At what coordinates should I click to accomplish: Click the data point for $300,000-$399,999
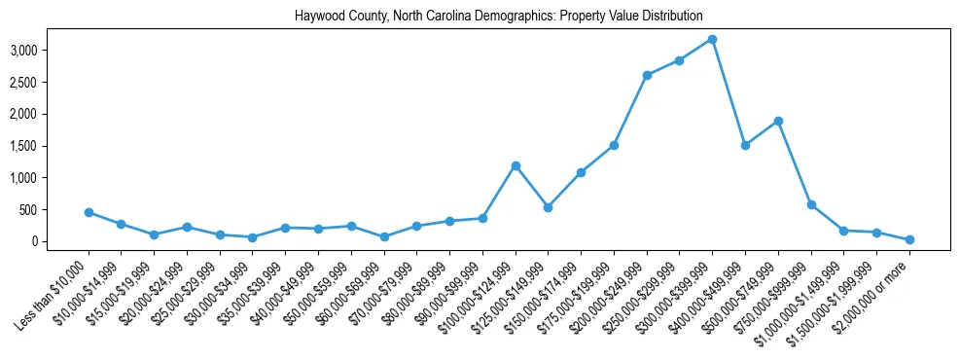tap(712, 39)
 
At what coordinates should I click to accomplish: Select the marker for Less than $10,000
tap(89, 212)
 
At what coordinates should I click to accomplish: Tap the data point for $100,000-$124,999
tap(516, 165)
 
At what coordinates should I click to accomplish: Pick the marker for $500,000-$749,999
tap(778, 121)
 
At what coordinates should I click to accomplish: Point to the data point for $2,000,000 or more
tap(909, 239)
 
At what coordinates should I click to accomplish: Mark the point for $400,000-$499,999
tap(745, 145)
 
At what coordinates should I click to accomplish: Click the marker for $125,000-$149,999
tap(549, 207)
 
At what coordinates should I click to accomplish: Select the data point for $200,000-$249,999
tap(647, 75)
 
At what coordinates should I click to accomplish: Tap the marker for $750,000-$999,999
tap(811, 204)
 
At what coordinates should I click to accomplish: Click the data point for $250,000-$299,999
tap(679, 60)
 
